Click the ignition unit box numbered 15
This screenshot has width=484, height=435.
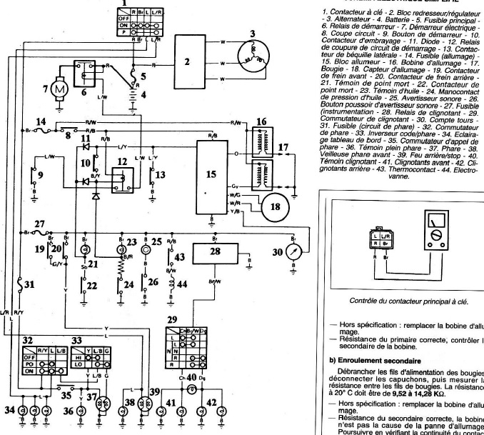(210, 176)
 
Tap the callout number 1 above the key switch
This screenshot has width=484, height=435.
(125, 5)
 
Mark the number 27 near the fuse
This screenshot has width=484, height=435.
(40, 224)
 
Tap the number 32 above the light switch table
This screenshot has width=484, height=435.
(29, 341)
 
